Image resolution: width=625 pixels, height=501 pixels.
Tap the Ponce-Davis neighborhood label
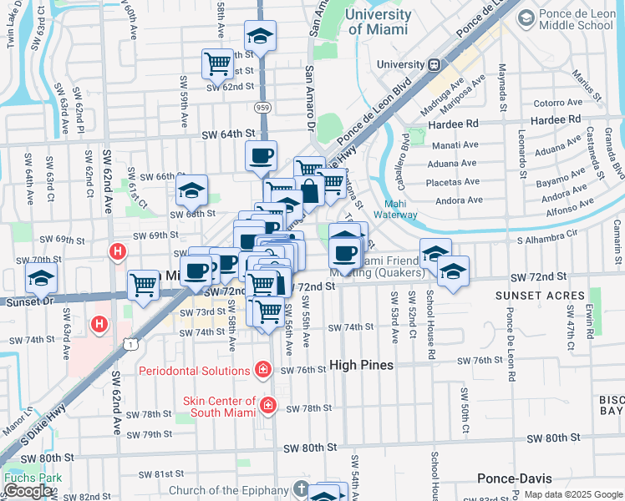pyautogui.click(x=515, y=478)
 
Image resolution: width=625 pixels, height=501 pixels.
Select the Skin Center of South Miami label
pyautogui.click(x=220, y=407)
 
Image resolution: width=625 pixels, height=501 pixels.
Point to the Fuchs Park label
pyautogui.click(x=22, y=478)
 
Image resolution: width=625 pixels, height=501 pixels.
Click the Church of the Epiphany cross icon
pyautogui.click(x=302, y=490)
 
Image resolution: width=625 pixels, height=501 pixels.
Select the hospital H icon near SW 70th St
pyautogui.click(x=119, y=250)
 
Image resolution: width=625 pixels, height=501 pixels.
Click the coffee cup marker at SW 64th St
pyautogui.click(x=261, y=154)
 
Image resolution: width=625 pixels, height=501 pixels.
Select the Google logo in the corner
pyautogui.click(x=28, y=491)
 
